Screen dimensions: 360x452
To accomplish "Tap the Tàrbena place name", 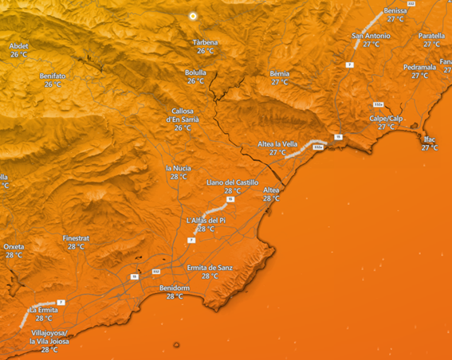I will pos(205,42).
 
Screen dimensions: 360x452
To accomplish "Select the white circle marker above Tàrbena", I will pos(192,16).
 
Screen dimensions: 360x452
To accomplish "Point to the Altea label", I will pos(271,190).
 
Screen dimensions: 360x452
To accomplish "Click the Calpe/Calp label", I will pos(386,118).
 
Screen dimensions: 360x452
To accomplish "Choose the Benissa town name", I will pos(395,11).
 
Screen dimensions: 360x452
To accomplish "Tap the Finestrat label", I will pos(77,237).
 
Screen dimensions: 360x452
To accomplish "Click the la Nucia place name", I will pos(178,168).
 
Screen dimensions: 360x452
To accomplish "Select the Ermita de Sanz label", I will pos(210,268).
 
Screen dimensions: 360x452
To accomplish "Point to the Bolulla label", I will pos(195,72).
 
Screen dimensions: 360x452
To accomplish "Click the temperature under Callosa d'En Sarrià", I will pos(183,127).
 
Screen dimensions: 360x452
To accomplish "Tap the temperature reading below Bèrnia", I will pos(279,82).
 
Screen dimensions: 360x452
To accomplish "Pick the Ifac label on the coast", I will pos(430,139).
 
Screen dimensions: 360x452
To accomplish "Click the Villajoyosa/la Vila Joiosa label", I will pos(49,336).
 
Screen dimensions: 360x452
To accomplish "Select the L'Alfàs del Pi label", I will pos(206,220).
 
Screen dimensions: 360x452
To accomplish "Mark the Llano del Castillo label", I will pos(232,182).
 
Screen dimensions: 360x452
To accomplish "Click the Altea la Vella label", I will pos(277,143).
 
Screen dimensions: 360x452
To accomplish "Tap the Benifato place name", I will pos(53,76).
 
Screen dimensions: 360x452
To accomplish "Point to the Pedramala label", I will pos(419,67).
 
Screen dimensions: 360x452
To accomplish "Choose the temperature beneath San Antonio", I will pos(371,45).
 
